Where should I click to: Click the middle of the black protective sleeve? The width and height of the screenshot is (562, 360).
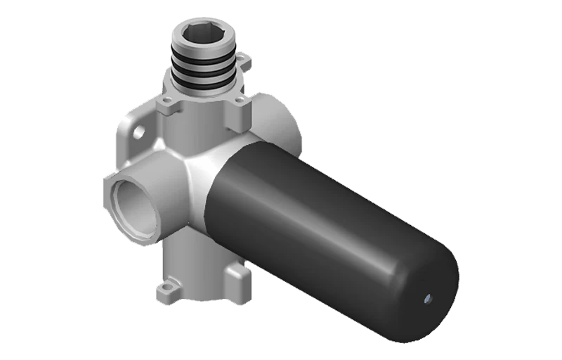323,225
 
